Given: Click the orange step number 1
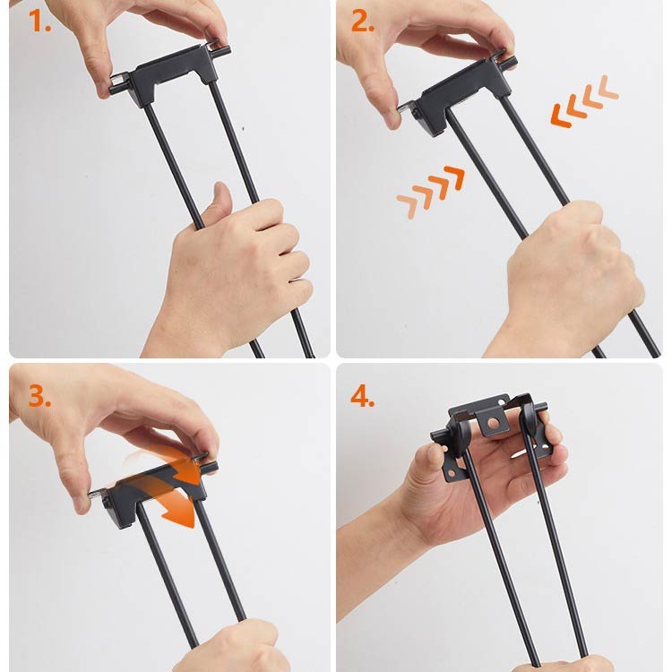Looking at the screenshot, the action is [x=39, y=22].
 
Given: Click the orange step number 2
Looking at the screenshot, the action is [x=363, y=22].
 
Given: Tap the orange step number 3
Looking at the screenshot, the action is [x=39, y=396].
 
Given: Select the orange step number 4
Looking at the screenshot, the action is [x=363, y=396].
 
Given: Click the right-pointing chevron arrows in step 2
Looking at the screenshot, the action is [x=430, y=192].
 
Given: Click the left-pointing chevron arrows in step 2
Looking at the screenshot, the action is [x=584, y=101].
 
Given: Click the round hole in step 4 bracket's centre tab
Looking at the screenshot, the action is [x=494, y=424].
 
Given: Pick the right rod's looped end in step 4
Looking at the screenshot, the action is [x=528, y=421].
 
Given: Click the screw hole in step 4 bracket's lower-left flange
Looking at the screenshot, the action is [x=451, y=473].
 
